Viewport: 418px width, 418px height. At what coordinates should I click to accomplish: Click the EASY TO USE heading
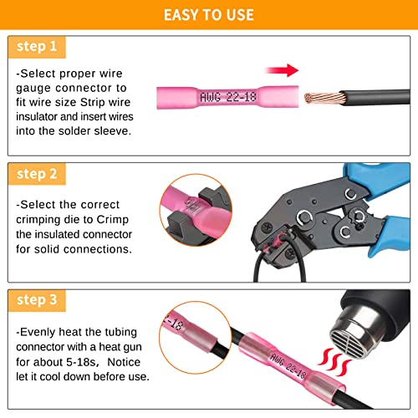click(209, 14)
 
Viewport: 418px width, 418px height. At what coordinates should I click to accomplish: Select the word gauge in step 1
click(36, 87)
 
